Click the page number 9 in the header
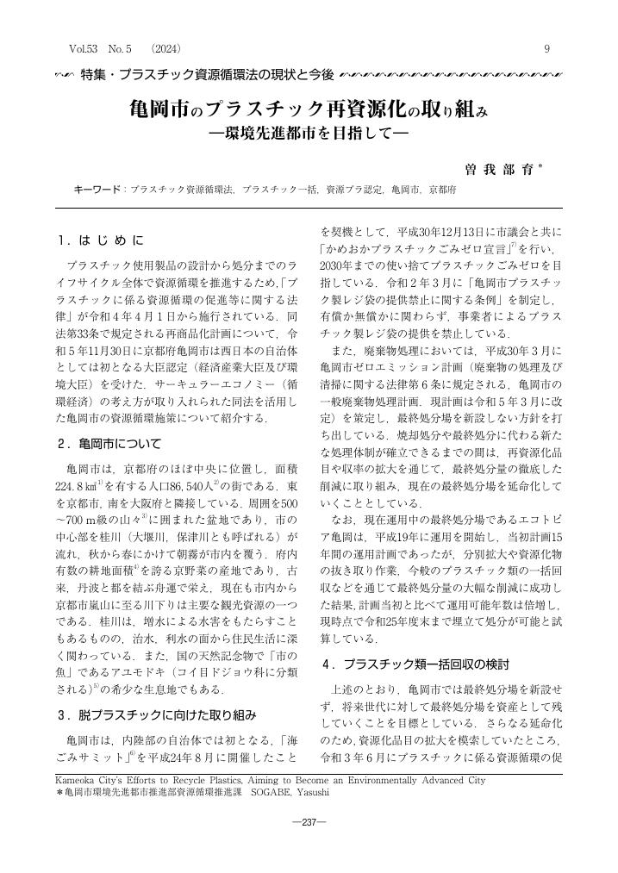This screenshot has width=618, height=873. (x=546, y=49)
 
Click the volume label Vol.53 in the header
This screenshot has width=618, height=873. (x=84, y=49)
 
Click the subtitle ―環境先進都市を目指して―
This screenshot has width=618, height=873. (x=309, y=134)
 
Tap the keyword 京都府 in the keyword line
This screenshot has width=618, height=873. (x=443, y=189)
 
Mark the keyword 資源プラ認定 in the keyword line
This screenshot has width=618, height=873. (x=353, y=189)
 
